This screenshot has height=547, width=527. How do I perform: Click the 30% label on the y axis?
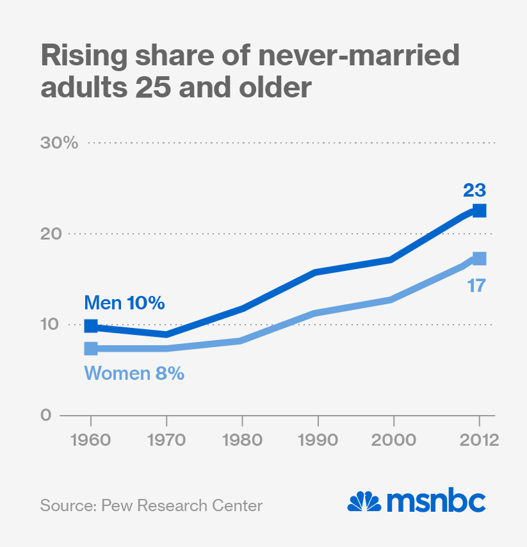click(59, 143)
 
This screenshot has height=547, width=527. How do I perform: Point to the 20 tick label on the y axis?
click(54, 234)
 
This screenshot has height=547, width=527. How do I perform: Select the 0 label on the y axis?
click(45, 415)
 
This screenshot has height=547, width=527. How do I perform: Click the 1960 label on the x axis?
click(90, 441)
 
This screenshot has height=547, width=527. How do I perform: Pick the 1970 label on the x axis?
click(166, 441)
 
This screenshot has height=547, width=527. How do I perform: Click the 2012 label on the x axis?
click(478, 441)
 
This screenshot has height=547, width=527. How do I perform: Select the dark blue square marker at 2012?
click(479, 211)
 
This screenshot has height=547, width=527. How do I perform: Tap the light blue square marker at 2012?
click(479, 259)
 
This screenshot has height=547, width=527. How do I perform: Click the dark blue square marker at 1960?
click(91, 326)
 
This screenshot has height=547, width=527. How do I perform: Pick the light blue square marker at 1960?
click(91, 348)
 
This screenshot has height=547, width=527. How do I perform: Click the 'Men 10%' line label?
click(125, 302)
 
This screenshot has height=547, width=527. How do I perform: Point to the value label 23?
click(475, 190)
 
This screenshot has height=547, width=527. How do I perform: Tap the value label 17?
click(476, 285)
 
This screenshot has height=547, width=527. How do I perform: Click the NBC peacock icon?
click(364, 502)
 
